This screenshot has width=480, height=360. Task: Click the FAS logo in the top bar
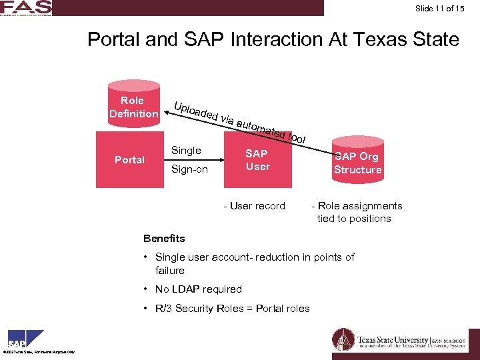coord(25,7)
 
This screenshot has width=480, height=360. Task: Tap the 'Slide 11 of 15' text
coord(443,9)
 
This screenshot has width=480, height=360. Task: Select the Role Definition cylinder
coord(133,107)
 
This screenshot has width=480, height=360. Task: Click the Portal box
coord(129,160)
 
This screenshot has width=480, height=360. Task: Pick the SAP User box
coord(257,160)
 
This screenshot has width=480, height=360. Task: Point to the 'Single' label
coord(186,151)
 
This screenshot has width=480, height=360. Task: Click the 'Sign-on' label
coord(189,169)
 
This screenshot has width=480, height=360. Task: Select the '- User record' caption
coord(254,206)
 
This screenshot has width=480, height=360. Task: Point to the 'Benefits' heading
coord(164,239)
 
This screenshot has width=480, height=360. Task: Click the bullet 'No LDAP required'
coord(198,289)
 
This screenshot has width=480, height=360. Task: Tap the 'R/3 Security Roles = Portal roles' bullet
coord(232,308)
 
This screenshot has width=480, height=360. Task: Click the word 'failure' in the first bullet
coord(169,271)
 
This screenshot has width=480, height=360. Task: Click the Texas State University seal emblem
coord(343,339)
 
